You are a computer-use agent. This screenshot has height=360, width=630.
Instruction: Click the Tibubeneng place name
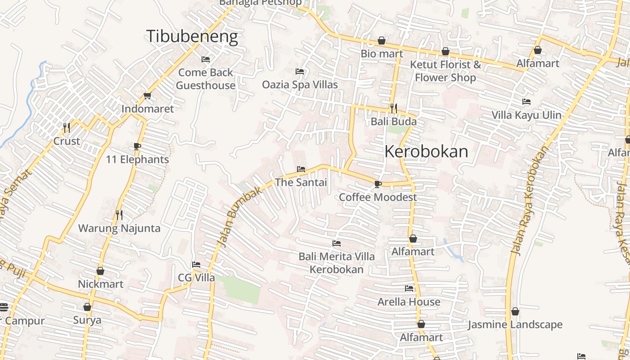click(x=192, y=36)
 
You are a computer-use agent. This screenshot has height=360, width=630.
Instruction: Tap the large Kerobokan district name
click(x=426, y=152)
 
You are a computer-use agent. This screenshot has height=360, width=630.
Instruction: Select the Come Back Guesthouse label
click(x=206, y=79)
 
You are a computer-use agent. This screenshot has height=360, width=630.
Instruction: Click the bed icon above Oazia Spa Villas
click(x=300, y=72)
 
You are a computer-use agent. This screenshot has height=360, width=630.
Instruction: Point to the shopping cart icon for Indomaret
click(x=147, y=95)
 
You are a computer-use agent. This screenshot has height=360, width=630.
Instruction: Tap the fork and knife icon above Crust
click(x=67, y=128)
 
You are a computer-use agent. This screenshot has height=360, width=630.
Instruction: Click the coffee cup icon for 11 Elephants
click(x=137, y=146)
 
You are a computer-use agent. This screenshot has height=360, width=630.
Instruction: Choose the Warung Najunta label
click(x=119, y=228)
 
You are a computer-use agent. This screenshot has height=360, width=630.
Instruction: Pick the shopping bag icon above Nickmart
click(x=100, y=271)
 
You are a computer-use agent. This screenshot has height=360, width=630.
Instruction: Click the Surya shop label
click(x=87, y=320)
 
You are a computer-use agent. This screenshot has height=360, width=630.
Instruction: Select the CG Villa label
click(x=196, y=278)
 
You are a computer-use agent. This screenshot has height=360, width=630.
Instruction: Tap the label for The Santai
click(x=301, y=182)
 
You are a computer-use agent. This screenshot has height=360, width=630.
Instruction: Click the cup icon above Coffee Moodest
click(x=378, y=184)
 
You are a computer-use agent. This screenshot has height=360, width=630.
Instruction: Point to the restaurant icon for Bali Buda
click(x=394, y=108)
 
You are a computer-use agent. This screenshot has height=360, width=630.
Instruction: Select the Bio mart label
click(x=382, y=54)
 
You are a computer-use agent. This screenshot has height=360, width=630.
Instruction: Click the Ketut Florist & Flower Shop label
click(x=445, y=71)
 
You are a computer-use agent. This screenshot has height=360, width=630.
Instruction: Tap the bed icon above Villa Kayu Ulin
click(x=526, y=102)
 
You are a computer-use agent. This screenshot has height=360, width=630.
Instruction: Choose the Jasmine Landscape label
click(x=515, y=324)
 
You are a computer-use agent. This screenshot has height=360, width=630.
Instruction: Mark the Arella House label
click(x=409, y=301)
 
